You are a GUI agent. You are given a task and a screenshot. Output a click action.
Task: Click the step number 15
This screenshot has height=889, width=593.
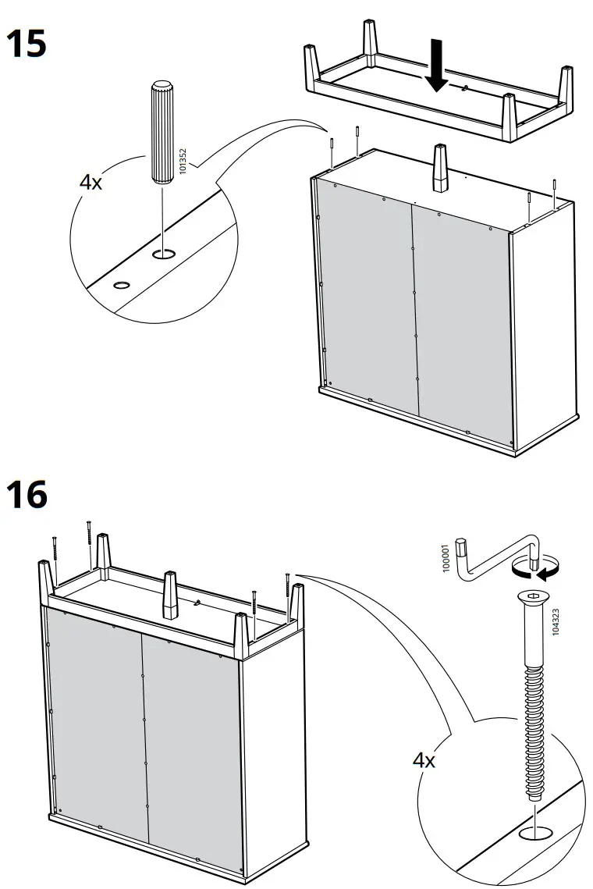tap(27, 44)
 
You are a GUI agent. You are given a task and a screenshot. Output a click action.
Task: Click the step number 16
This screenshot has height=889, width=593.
tap(27, 495)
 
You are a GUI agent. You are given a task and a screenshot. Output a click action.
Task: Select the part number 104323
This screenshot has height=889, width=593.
tap(556, 624)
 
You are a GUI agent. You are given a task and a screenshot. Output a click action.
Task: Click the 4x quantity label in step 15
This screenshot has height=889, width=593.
tap(91, 182)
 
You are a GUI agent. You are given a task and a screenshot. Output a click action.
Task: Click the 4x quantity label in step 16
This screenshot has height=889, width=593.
tap(424, 759)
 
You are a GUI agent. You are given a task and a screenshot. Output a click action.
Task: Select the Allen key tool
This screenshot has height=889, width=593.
tap(499, 554)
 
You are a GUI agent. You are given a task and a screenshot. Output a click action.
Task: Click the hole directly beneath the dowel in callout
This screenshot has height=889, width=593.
tap(162, 254)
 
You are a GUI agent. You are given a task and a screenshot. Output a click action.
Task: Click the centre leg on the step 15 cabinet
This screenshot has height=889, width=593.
tap(439, 168)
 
